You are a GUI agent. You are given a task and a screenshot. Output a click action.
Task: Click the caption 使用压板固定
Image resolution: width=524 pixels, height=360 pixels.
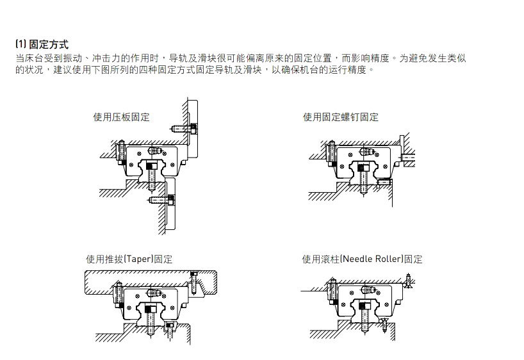(x=121, y=117)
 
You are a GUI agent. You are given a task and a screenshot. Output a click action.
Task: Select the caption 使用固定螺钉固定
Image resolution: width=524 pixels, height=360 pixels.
(x=340, y=117)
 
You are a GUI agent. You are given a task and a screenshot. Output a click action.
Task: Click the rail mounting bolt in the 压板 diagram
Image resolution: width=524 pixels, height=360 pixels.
(x=151, y=173)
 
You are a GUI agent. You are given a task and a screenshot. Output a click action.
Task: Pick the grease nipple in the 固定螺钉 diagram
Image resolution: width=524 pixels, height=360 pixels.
(x=365, y=152)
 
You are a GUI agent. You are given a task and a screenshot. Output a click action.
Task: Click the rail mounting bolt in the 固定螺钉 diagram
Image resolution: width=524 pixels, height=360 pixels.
(x=362, y=174)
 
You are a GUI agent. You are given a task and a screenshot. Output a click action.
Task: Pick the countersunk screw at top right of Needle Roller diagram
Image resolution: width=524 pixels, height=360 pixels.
(x=407, y=280)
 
